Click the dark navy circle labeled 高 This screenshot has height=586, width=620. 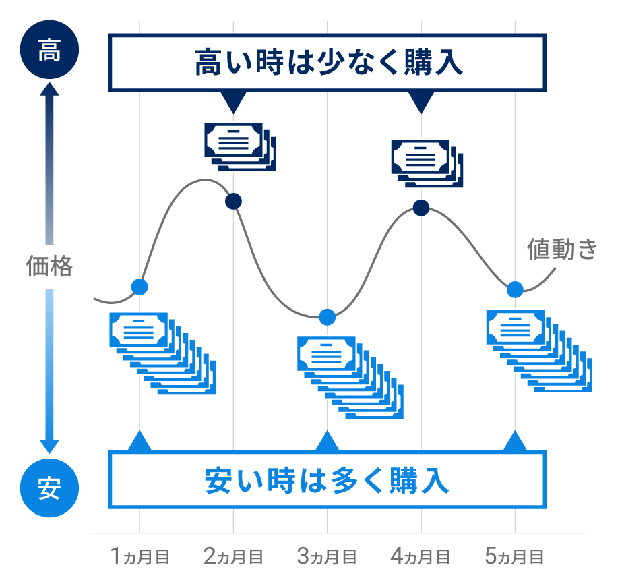click(49, 51)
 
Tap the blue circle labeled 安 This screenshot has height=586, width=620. click(49, 487)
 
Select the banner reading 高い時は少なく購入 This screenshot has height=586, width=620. click(328, 63)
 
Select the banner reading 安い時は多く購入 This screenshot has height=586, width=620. click(328, 480)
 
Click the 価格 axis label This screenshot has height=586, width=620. click(49, 266)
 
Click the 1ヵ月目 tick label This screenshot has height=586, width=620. click(139, 557)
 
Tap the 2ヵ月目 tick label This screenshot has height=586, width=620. click(233, 557)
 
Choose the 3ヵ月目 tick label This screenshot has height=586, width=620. click(327, 557)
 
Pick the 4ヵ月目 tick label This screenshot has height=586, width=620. click(421, 557)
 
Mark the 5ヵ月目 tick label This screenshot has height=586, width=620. click(515, 557)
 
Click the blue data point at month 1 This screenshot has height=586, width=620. click(139, 287)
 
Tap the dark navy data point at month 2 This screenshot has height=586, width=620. click(233, 200)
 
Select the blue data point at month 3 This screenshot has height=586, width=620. click(328, 317)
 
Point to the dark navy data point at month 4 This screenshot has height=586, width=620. click(421, 208)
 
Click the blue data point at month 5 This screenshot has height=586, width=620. click(515, 289)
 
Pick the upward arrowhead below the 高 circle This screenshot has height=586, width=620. click(49, 90)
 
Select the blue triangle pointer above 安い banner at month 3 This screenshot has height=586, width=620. click(328, 442)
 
